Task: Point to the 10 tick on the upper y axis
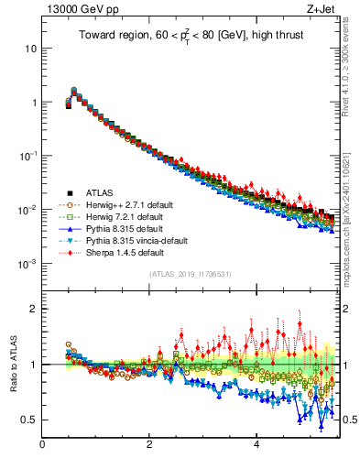pyautogui.click(x=29, y=48)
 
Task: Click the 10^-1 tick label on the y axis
pyautogui.click(x=27, y=155)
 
